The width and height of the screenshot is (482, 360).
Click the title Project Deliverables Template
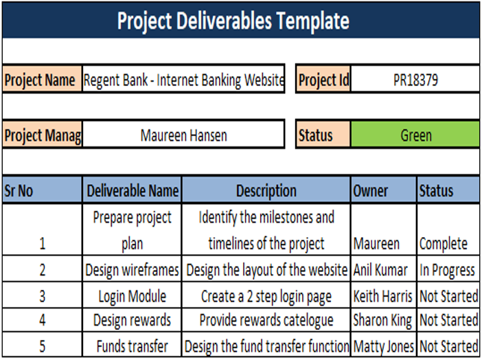pos(233,21)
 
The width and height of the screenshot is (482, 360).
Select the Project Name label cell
pos(41,80)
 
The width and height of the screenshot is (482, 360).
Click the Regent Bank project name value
pos(183,80)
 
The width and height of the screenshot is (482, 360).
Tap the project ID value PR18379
pos(415,80)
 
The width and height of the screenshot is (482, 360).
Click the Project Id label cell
pos(323,80)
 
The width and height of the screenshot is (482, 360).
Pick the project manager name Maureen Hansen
pos(183,135)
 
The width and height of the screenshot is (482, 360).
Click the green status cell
pos(415,135)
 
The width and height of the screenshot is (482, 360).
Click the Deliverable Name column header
pos(133,191)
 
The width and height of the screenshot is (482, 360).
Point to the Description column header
pos(266,191)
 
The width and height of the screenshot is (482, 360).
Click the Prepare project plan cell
pos(133,230)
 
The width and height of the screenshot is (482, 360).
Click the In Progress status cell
pos(448,270)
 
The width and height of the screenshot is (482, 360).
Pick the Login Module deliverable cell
pos(133,297)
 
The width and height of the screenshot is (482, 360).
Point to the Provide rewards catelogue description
pos(266,320)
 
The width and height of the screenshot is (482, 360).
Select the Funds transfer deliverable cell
pos(133,346)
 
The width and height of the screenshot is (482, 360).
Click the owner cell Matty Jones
pos(383,346)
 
